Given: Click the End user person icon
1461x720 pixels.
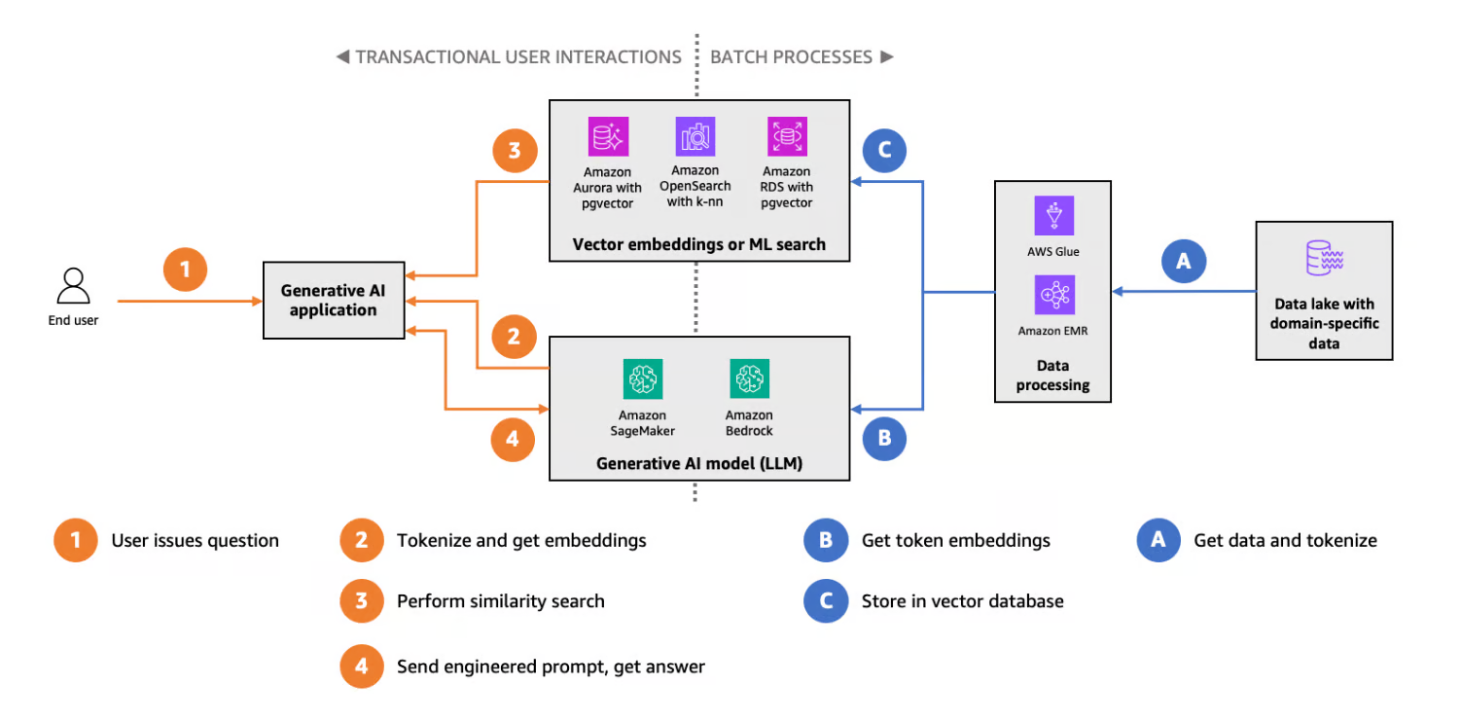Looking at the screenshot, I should [x=74, y=286].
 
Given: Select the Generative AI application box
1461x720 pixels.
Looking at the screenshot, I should [x=334, y=301].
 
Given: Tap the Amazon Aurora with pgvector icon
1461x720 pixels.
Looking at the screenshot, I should [x=609, y=137].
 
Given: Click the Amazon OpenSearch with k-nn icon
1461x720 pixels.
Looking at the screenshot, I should [x=695, y=137].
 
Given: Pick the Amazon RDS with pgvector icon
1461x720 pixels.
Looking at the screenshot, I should [x=787, y=137].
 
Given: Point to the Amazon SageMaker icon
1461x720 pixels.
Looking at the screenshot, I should [x=643, y=378].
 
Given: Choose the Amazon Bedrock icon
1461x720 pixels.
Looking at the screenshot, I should [x=749, y=378].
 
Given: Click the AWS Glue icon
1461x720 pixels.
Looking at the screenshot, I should [x=1053, y=215].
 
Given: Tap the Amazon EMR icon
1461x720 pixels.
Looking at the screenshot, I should [x=1053, y=294].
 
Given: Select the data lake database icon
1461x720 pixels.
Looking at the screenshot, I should [x=1324, y=258].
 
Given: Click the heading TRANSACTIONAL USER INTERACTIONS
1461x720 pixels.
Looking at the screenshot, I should [x=517, y=56].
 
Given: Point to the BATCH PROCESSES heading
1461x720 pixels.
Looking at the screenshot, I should [x=792, y=56].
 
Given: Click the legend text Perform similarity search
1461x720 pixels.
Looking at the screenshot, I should [x=500, y=601].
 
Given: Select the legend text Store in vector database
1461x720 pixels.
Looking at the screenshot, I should [x=962, y=601].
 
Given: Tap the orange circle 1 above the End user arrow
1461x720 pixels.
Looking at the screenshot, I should [x=185, y=269].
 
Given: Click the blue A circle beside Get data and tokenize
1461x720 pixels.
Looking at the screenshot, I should [x=1158, y=540].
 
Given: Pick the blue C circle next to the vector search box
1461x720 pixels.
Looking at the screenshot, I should [x=884, y=151].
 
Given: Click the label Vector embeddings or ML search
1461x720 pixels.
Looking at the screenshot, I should [x=698, y=244].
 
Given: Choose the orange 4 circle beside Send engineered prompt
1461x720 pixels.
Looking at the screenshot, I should [x=361, y=666].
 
